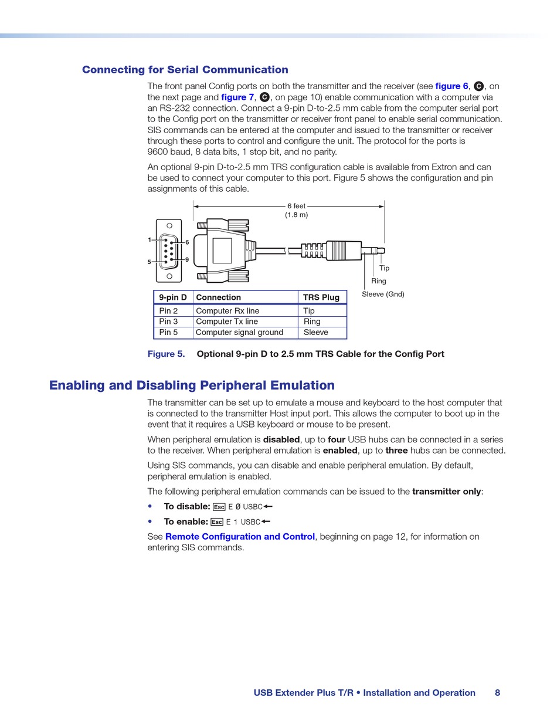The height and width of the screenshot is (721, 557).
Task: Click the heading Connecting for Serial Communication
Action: (185, 70)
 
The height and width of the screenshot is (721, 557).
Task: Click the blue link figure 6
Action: (451, 86)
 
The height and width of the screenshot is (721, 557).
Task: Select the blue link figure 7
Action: (237, 97)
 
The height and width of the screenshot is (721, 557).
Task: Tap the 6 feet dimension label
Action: (296, 207)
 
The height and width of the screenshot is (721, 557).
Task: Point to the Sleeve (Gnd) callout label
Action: (383, 294)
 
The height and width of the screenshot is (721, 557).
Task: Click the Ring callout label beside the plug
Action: (378, 281)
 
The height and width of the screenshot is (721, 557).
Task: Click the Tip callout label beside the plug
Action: (384, 268)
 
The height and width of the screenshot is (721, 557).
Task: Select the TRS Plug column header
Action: (321, 297)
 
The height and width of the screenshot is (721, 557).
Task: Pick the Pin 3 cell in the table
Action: (168, 321)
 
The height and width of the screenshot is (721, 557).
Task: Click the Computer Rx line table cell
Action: (227, 311)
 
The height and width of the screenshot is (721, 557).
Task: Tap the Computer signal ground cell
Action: (239, 333)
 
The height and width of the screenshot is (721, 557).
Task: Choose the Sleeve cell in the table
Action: (315, 333)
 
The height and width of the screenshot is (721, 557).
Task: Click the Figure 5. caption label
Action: (165, 354)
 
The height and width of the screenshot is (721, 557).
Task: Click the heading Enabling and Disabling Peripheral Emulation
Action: (192, 385)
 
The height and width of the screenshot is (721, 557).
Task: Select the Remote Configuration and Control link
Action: (240, 536)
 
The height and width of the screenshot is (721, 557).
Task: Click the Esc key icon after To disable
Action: (219, 507)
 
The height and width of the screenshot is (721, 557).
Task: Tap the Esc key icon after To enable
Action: (217, 522)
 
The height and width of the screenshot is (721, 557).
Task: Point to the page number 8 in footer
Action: (497, 693)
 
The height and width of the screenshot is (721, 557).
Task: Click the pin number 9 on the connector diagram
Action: (187, 259)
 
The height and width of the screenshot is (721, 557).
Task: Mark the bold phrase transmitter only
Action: (446, 492)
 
